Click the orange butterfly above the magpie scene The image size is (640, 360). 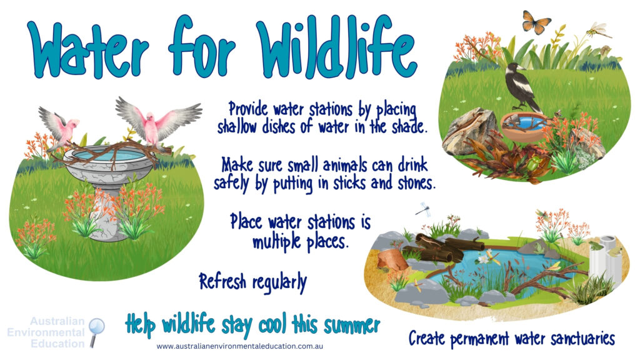click(x=536, y=22)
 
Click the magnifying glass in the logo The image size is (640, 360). click(x=97, y=328)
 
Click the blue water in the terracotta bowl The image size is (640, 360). click(x=524, y=122)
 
